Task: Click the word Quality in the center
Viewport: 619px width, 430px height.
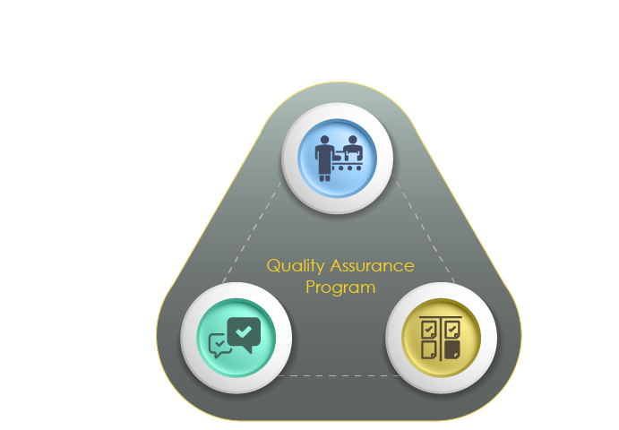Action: point(295,266)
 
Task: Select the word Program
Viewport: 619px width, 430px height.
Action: point(340,288)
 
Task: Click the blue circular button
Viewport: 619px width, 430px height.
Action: point(337,159)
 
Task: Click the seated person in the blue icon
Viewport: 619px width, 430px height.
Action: point(352,149)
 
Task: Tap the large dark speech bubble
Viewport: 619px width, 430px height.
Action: point(244,332)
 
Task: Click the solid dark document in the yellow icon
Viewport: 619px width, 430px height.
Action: point(452,347)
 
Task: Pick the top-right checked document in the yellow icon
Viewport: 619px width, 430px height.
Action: point(451,329)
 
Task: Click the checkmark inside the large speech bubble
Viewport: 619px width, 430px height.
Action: point(245,329)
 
